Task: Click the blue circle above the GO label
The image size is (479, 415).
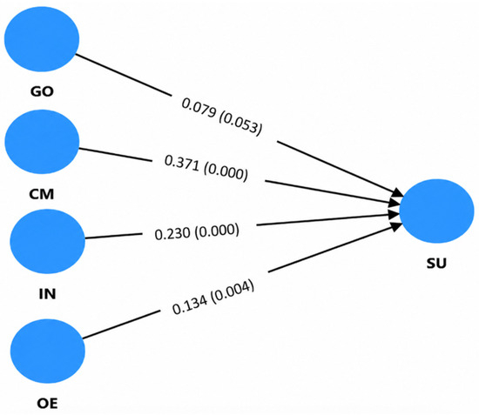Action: coord(42,39)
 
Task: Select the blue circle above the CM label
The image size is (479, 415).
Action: coord(42,142)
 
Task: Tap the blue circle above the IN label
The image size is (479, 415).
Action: coord(48,241)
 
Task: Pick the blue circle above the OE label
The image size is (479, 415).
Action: coord(48,351)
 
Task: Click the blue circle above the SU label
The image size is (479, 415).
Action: coord(437,211)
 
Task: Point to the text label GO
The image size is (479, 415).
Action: coord(42,91)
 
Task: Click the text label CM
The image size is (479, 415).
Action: coord(42,194)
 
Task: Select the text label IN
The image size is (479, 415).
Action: coord(48,294)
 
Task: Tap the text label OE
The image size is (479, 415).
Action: coord(47,404)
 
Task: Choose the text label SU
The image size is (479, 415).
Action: coord(436,263)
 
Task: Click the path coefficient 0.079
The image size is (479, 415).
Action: coord(199,108)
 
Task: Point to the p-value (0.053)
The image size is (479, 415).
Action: coord(240,124)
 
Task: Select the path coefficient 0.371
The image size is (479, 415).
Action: coord(182,163)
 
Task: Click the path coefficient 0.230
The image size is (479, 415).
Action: coord(172,234)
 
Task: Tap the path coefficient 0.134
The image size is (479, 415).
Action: coord(190,305)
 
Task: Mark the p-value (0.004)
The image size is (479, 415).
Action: coord(233,291)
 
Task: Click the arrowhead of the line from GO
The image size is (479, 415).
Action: coord(399,193)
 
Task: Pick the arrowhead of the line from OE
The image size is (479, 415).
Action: coord(398,226)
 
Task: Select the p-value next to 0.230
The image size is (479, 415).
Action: coord(217,231)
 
